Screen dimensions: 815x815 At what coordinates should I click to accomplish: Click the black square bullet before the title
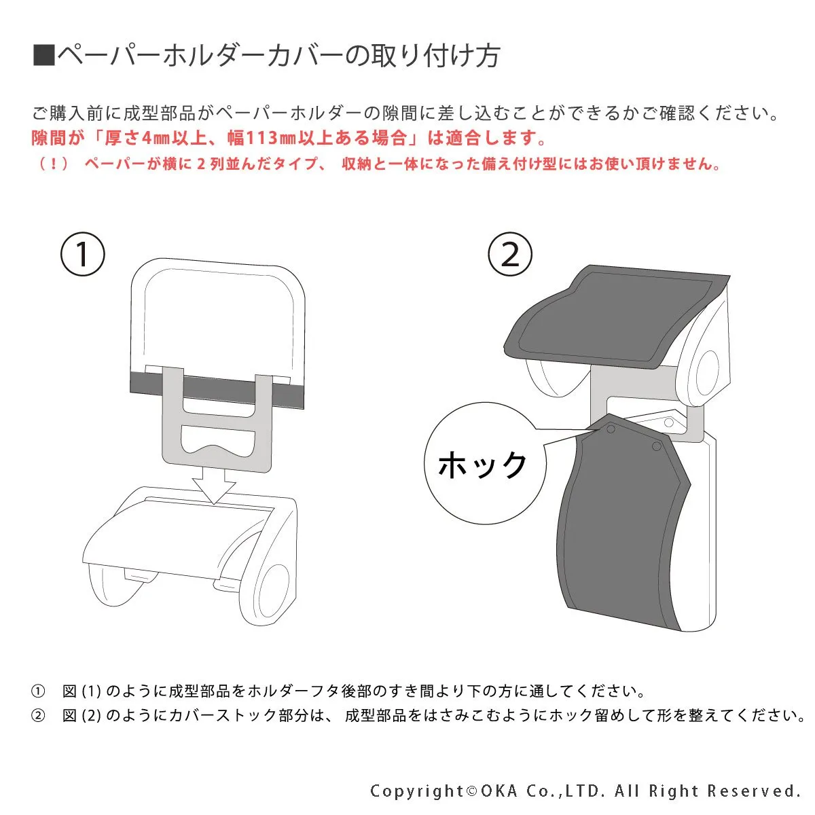click(44, 56)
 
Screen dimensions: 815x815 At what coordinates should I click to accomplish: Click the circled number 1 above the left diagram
click(82, 254)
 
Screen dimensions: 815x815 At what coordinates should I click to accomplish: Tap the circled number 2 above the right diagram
click(510, 254)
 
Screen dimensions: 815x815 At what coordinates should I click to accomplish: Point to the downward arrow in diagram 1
click(214, 485)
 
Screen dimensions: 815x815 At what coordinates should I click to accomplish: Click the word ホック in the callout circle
click(482, 465)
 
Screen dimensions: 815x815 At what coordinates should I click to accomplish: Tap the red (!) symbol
click(53, 163)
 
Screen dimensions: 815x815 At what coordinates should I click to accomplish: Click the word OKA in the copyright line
click(499, 791)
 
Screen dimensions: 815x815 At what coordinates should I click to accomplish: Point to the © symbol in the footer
click(471, 791)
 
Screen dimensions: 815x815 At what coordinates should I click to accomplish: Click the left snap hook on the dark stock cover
click(611, 429)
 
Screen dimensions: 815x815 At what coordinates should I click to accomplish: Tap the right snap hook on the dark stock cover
click(656, 446)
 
